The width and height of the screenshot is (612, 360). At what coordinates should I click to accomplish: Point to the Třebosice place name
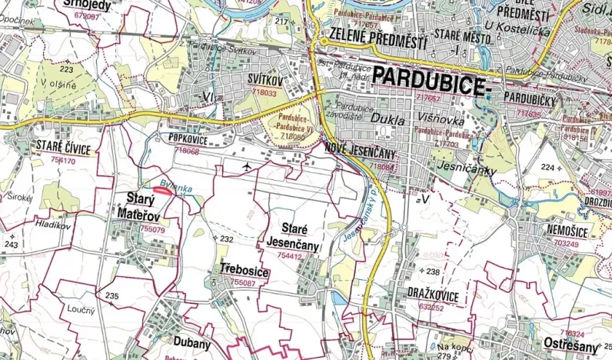pos(244,270)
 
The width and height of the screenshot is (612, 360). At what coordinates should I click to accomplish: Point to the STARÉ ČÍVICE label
pos(63,148)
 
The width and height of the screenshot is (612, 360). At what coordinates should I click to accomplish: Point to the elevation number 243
pos(11,245)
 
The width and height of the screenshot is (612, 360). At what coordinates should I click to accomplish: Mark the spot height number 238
pos(433,272)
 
